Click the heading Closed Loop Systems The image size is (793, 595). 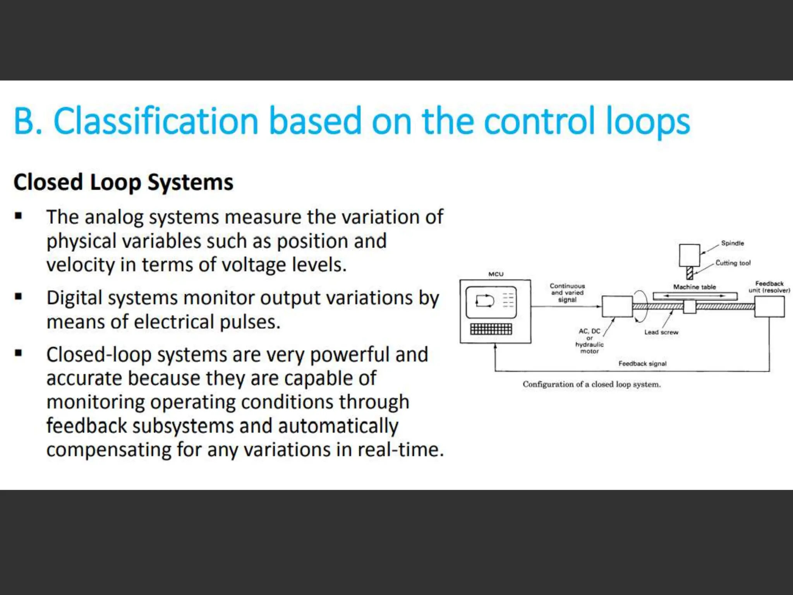124,182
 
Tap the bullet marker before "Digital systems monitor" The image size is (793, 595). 18,297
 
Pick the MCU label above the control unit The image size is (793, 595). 496,274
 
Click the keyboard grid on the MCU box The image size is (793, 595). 491,329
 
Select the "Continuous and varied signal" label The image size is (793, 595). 567,292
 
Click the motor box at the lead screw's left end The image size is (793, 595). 617,306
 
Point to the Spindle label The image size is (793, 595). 732,243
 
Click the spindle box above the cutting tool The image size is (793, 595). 689,255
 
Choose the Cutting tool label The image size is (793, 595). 733,263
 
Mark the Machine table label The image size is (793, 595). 694,287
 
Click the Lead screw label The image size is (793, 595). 661,332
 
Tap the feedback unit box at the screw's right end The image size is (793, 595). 769,306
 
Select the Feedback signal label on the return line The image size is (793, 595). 642,364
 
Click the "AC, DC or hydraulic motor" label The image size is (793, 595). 589,341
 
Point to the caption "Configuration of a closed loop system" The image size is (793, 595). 592,385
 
